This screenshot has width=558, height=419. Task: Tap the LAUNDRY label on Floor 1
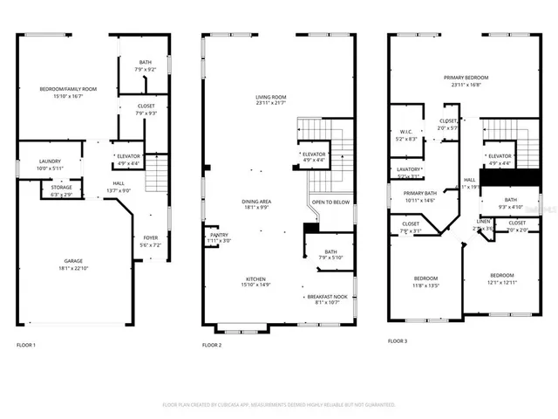[50, 161]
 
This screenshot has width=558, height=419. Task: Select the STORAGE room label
[61, 187]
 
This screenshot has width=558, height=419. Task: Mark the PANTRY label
[219, 234]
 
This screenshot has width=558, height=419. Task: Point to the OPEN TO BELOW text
[330, 202]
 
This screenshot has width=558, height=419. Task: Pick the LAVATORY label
[409, 169]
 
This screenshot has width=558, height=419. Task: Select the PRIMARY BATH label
[419, 194]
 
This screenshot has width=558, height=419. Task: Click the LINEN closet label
[483, 222]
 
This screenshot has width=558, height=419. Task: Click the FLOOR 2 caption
[212, 346]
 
